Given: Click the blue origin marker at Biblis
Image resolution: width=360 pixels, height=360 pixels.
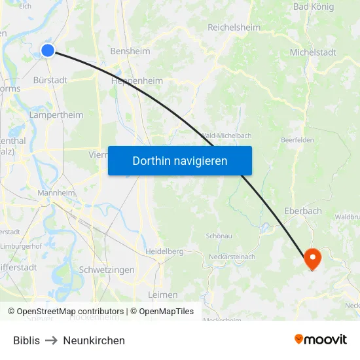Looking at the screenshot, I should coord(48,50).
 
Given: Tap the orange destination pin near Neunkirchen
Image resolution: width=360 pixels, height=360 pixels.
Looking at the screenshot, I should coord(312,259).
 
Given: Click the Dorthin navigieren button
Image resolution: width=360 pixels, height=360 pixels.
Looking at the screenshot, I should coord(180,160).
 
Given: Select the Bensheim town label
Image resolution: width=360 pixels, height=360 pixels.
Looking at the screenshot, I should coord(130,51).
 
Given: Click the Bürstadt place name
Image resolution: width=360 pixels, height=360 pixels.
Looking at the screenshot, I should coord(50,80).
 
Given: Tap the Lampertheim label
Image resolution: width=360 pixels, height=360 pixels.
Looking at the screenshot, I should coord(56,115).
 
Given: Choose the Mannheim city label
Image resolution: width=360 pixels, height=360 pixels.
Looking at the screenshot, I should coord(56,193).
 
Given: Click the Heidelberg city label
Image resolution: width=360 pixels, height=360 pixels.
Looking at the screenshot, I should coord(164,251).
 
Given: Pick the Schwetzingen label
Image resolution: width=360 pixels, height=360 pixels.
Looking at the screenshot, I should coord(106,270).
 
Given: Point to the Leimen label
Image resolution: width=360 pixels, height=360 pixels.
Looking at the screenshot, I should coord(163,295).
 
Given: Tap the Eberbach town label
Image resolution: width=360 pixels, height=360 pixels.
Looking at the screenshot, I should coord(303,211).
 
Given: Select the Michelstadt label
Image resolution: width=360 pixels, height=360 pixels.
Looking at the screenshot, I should coord(313,52).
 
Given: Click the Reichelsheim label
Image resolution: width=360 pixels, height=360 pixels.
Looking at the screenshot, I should coord(234,27).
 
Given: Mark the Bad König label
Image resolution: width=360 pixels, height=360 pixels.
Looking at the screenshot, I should coord(314,7).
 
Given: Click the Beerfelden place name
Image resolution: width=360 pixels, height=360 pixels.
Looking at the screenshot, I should coord(297,140).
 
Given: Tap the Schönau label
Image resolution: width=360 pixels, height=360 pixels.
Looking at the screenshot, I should coord(219,236).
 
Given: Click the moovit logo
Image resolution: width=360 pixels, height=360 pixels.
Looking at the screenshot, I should coord(320,339).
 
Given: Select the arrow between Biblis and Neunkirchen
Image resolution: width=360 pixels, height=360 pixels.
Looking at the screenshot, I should coord(52,340).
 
